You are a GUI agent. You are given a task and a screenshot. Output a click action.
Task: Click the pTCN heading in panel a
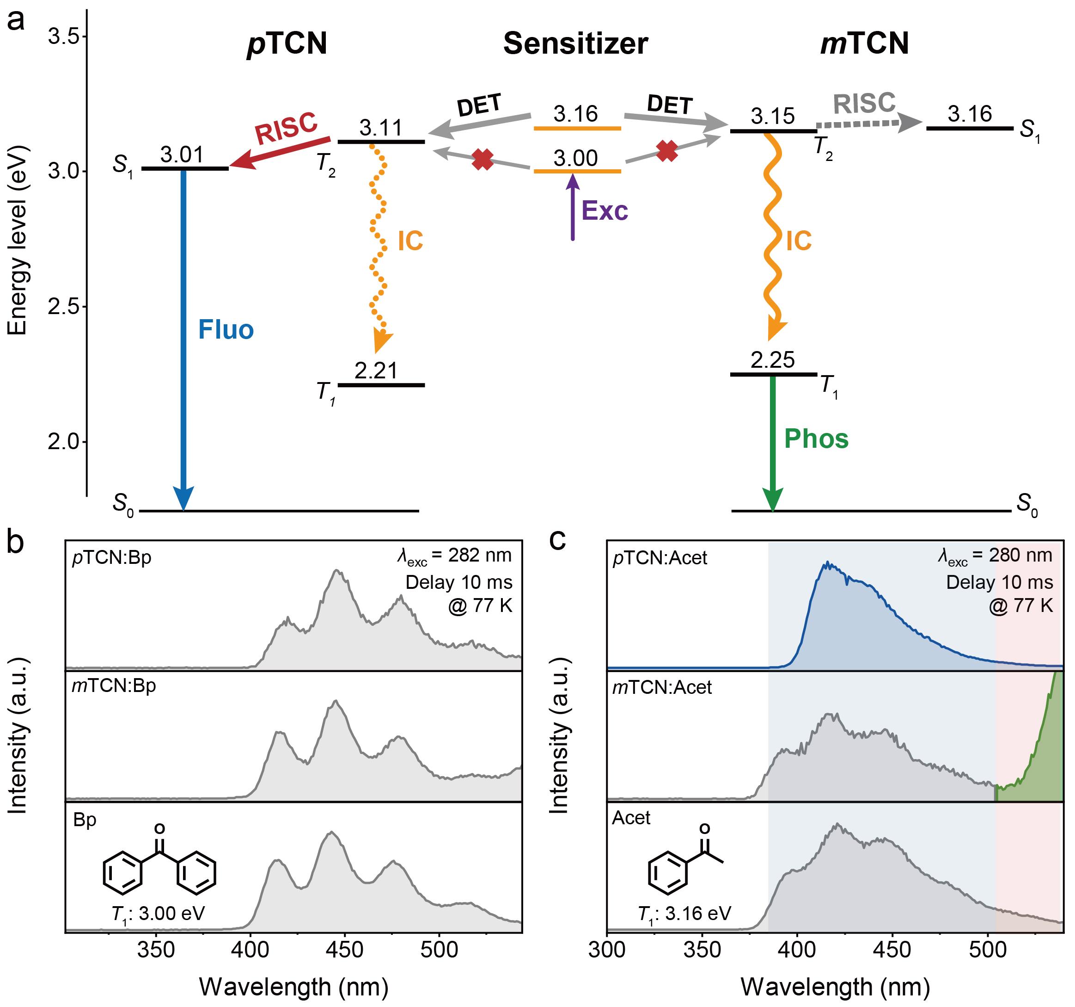coord(287,44)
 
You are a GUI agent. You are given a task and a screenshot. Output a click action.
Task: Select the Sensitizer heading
coord(575,44)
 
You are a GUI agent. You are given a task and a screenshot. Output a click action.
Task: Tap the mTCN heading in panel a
coord(864,44)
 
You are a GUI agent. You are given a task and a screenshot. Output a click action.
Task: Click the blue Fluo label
coord(226,329)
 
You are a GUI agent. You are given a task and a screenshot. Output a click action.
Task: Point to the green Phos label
coord(816,439)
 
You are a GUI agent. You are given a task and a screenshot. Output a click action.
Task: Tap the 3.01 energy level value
coord(182,155)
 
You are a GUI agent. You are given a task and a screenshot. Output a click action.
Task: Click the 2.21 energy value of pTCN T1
coord(376,371)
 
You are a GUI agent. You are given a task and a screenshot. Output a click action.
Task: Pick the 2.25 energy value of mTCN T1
coord(773,360)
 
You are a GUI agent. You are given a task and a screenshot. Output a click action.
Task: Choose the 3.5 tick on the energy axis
coord(63,37)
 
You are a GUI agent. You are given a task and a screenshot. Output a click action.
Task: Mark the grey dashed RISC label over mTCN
coord(864,103)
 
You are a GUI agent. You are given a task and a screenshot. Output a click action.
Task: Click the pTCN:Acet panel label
coord(660,558)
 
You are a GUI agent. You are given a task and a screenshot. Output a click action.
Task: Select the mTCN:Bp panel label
coord(114,686)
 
